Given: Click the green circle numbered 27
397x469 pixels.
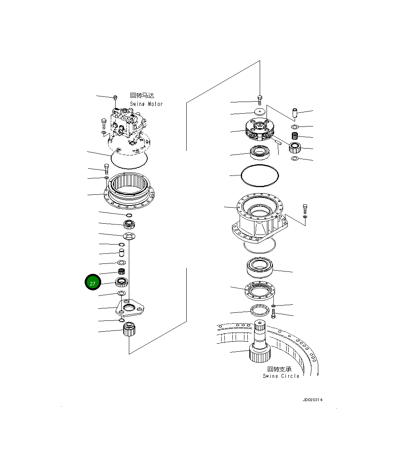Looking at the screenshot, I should (x=93, y=283).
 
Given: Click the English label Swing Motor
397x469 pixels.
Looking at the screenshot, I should (x=146, y=104).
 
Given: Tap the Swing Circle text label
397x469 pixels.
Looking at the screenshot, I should (x=281, y=376).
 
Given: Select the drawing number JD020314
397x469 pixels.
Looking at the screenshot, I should (x=313, y=400).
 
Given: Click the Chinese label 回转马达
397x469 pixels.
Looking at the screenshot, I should (x=142, y=96).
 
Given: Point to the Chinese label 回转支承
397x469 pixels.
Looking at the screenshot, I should (x=279, y=369).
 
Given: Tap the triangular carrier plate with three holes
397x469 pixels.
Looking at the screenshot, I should (x=130, y=310).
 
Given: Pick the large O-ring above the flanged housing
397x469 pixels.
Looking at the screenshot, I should (x=259, y=175).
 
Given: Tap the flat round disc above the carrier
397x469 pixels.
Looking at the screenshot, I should (x=260, y=112).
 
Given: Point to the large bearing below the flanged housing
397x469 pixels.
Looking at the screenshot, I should (x=260, y=267).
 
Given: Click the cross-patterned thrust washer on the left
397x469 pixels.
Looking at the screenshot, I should (x=128, y=235).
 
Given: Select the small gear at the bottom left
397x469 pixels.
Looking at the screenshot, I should (x=129, y=329).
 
